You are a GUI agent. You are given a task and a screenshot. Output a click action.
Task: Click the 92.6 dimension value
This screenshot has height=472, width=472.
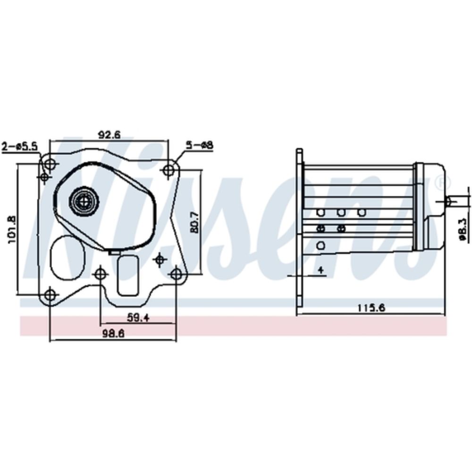(110, 135)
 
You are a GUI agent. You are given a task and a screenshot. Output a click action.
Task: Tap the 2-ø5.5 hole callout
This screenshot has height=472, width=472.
(19, 147)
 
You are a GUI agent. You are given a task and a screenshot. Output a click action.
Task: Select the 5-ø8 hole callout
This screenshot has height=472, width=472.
(199, 145)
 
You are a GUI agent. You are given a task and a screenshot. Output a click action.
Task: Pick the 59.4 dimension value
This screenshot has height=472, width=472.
(138, 318)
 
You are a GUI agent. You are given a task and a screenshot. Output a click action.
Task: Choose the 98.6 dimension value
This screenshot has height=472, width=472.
(113, 334)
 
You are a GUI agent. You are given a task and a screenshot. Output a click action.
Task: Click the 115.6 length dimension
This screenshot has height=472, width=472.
(371, 308)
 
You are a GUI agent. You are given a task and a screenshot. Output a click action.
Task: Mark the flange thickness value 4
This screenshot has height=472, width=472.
(321, 270)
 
